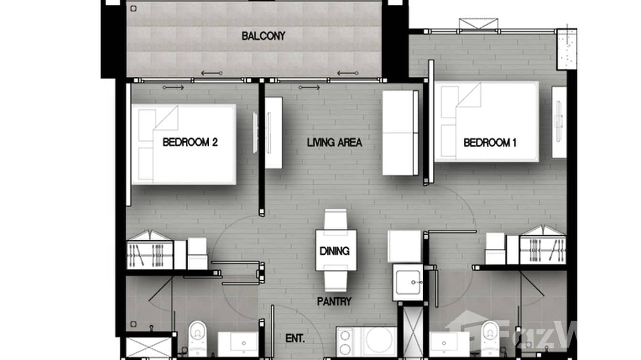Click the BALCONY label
[x=263, y=36]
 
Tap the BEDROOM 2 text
[x=190, y=142]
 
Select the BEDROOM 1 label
[x=490, y=142]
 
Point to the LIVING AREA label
[x=334, y=142]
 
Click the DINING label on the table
[x=334, y=251]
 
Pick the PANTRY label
[x=334, y=301]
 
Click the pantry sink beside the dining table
[x=407, y=281]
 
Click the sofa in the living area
[x=400, y=132]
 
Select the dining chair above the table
[x=336, y=219]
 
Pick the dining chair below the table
[x=336, y=281]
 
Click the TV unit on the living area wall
[x=273, y=133]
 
